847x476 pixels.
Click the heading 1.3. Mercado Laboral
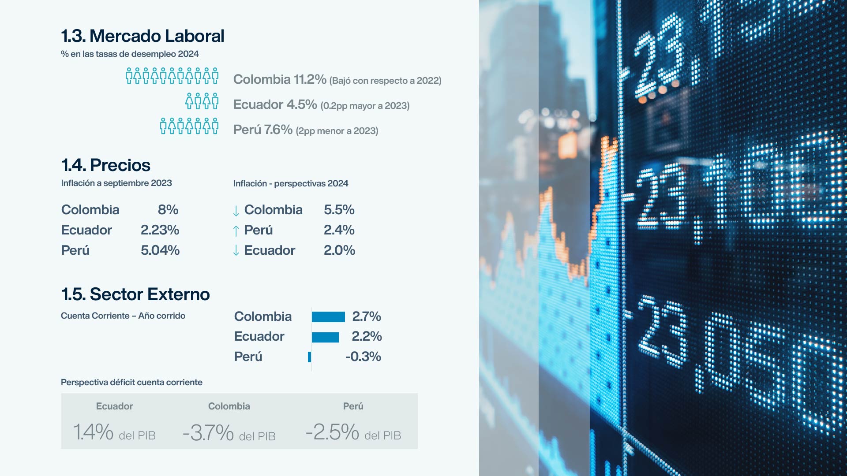(142, 36)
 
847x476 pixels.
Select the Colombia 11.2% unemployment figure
(280, 79)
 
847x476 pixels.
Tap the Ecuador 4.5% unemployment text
(275, 104)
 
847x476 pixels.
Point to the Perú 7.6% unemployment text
(262, 130)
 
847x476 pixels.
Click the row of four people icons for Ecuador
(202, 101)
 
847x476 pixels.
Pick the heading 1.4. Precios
(105, 165)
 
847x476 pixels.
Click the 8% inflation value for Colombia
(168, 210)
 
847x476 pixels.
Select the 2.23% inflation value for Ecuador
(160, 230)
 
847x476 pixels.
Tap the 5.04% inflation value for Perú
(160, 250)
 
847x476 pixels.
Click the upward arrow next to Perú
(236, 231)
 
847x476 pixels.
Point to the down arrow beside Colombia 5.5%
(236, 211)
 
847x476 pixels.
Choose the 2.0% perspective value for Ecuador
(339, 250)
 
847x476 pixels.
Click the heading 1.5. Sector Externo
(135, 294)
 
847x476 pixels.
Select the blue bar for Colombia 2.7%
(328, 317)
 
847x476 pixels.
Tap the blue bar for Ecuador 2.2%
(325, 337)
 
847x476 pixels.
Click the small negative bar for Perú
(310, 357)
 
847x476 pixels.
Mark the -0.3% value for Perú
(363, 357)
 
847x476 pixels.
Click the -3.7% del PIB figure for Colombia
(208, 433)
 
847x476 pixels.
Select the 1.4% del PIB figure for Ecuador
(94, 432)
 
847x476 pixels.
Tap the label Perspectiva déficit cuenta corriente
(131, 383)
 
